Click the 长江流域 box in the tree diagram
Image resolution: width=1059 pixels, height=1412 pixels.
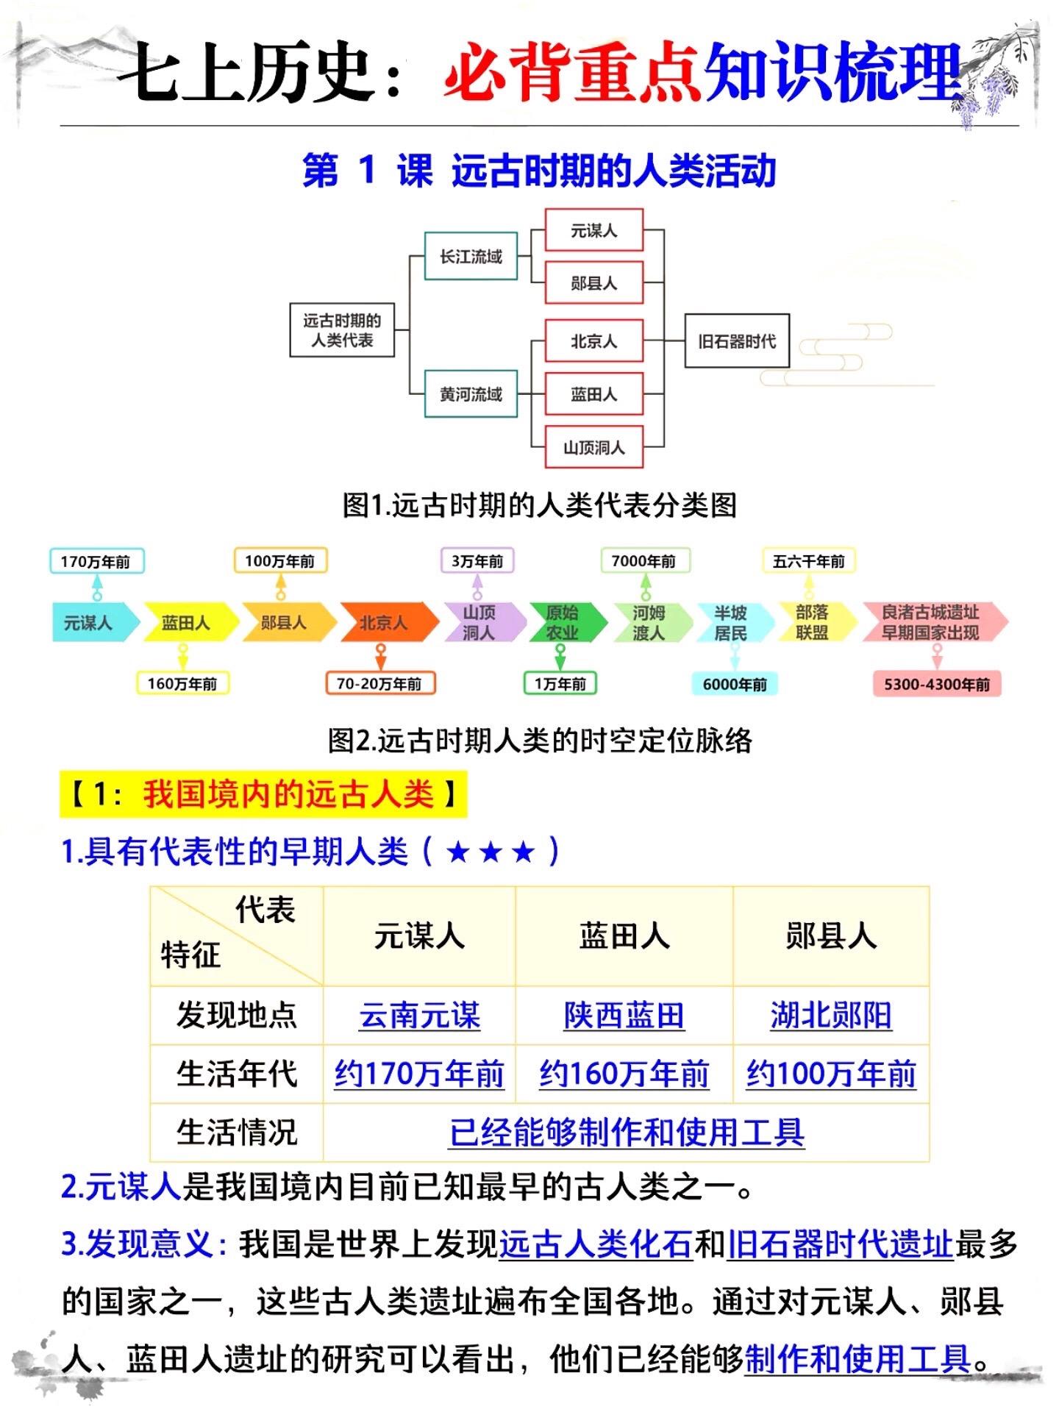coord(471,256)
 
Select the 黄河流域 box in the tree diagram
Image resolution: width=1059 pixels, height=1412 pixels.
coord(471,394)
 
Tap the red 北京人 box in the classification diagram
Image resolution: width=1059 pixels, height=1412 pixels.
coord(593,340)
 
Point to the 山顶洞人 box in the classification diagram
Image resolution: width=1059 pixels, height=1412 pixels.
coord(593,447)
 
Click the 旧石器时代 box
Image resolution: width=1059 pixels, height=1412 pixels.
coord(736,340)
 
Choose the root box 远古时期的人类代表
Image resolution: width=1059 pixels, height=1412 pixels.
coord(342,330)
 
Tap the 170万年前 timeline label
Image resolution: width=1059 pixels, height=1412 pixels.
coord(96,561)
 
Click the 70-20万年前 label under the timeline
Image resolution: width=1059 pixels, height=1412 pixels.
coord(379,683)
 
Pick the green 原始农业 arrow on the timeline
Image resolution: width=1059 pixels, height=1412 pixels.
coord(563,622)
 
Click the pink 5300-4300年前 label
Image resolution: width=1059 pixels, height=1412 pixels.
coord(936,684)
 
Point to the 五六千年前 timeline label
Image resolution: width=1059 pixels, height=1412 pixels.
coord(808,561)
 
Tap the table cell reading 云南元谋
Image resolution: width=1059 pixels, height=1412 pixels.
coord(419,1016)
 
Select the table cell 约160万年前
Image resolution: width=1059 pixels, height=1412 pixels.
coord(624,1074)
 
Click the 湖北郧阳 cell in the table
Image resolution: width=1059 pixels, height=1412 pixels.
coord(831,1016)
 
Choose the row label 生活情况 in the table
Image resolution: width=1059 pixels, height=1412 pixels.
coord(237,1132)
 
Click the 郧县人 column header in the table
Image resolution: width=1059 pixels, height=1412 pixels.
coord(831,936)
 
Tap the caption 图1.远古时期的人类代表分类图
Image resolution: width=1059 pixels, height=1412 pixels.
coord(539,505)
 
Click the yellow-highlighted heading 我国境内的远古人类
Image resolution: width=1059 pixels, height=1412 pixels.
coord(264,794)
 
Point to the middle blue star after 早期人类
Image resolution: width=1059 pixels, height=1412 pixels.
coord(491,852)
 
